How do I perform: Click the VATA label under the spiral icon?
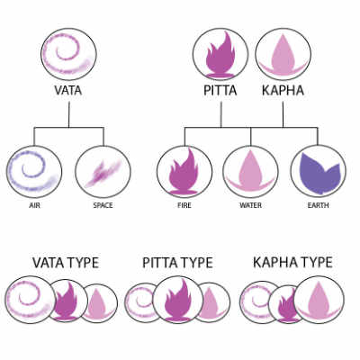68,90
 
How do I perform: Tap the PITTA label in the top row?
220,90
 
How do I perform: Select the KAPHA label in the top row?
283,90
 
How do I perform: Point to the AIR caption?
34,205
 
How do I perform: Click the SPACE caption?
103,205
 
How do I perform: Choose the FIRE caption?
184,205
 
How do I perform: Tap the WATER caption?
250,205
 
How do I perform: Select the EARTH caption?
319,205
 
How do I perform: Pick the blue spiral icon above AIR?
33,172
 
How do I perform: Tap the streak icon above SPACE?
103,173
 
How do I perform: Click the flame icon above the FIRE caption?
184,172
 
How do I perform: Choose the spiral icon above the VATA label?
68,54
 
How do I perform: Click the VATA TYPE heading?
66,263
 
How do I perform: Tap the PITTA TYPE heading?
177,263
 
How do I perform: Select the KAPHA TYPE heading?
292,262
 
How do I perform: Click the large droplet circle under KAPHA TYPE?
319,301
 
